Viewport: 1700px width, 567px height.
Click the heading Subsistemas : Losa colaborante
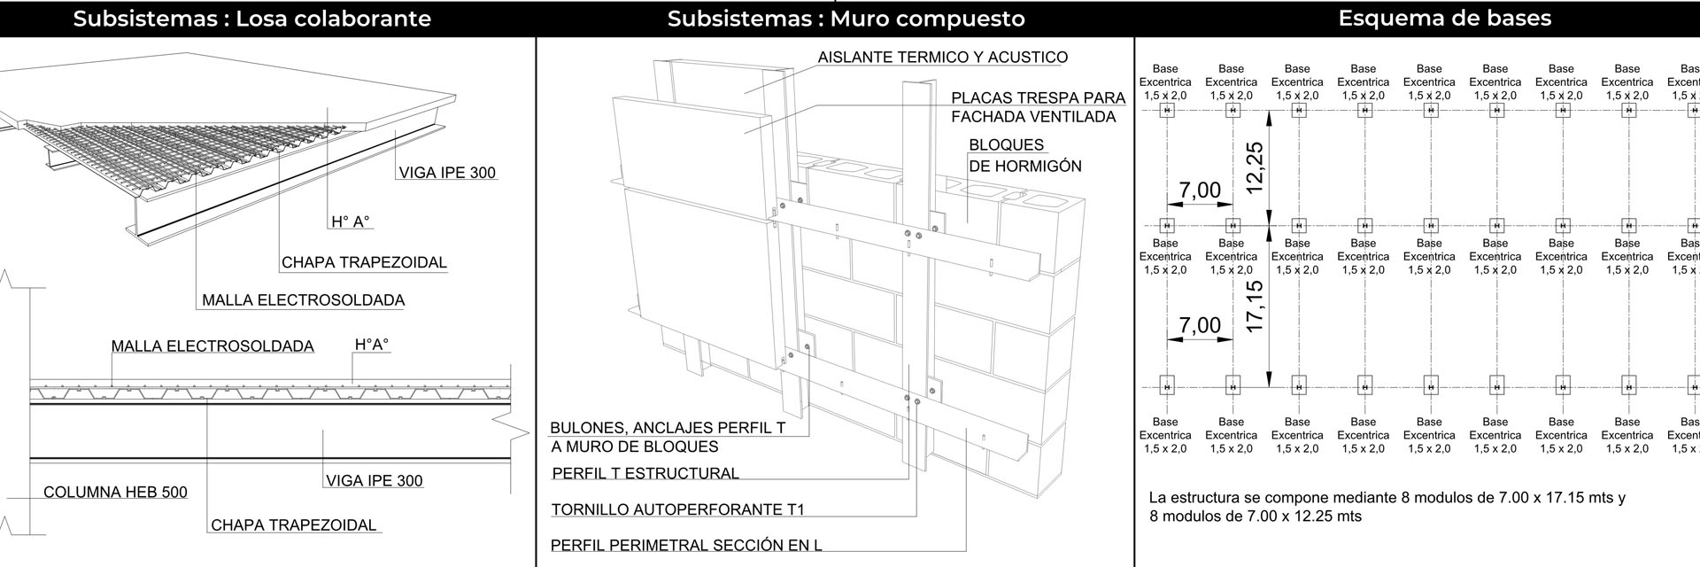click(x=252, y=19)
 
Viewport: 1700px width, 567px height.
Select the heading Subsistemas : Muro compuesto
click(x=846, y=19)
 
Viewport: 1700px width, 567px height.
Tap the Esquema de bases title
click(x=1444, y=19)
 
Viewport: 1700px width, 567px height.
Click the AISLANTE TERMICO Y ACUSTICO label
click(x=942, y=58)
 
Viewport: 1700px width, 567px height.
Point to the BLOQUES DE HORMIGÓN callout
click(x=1025, y=155)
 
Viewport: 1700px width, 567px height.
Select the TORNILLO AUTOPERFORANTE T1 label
click(x=677, y=509)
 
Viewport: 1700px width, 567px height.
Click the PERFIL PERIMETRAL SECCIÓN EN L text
click(x=686, y=545)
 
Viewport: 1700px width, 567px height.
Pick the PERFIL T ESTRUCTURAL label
click(x=645, y=473)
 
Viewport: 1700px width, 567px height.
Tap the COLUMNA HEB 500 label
click(x=115, y=493)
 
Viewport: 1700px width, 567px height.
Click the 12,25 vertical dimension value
click(x=1254, y=167)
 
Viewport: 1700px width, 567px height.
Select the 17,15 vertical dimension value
click(x=1254, y=307)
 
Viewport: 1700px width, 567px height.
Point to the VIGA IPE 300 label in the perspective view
click(x=447, y=173)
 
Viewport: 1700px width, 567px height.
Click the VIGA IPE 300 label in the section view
click(x=374, y=481)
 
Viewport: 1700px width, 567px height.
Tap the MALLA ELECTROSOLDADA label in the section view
click(x=212, y=346)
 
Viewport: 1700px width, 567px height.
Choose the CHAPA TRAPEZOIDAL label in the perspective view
click(x=364, y=262)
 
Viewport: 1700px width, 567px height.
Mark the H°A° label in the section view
click(x=372, y=345)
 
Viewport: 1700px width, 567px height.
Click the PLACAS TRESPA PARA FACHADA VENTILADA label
click(x=1038, y=107)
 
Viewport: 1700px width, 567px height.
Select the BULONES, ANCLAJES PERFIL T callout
click(x=668, y=428)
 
